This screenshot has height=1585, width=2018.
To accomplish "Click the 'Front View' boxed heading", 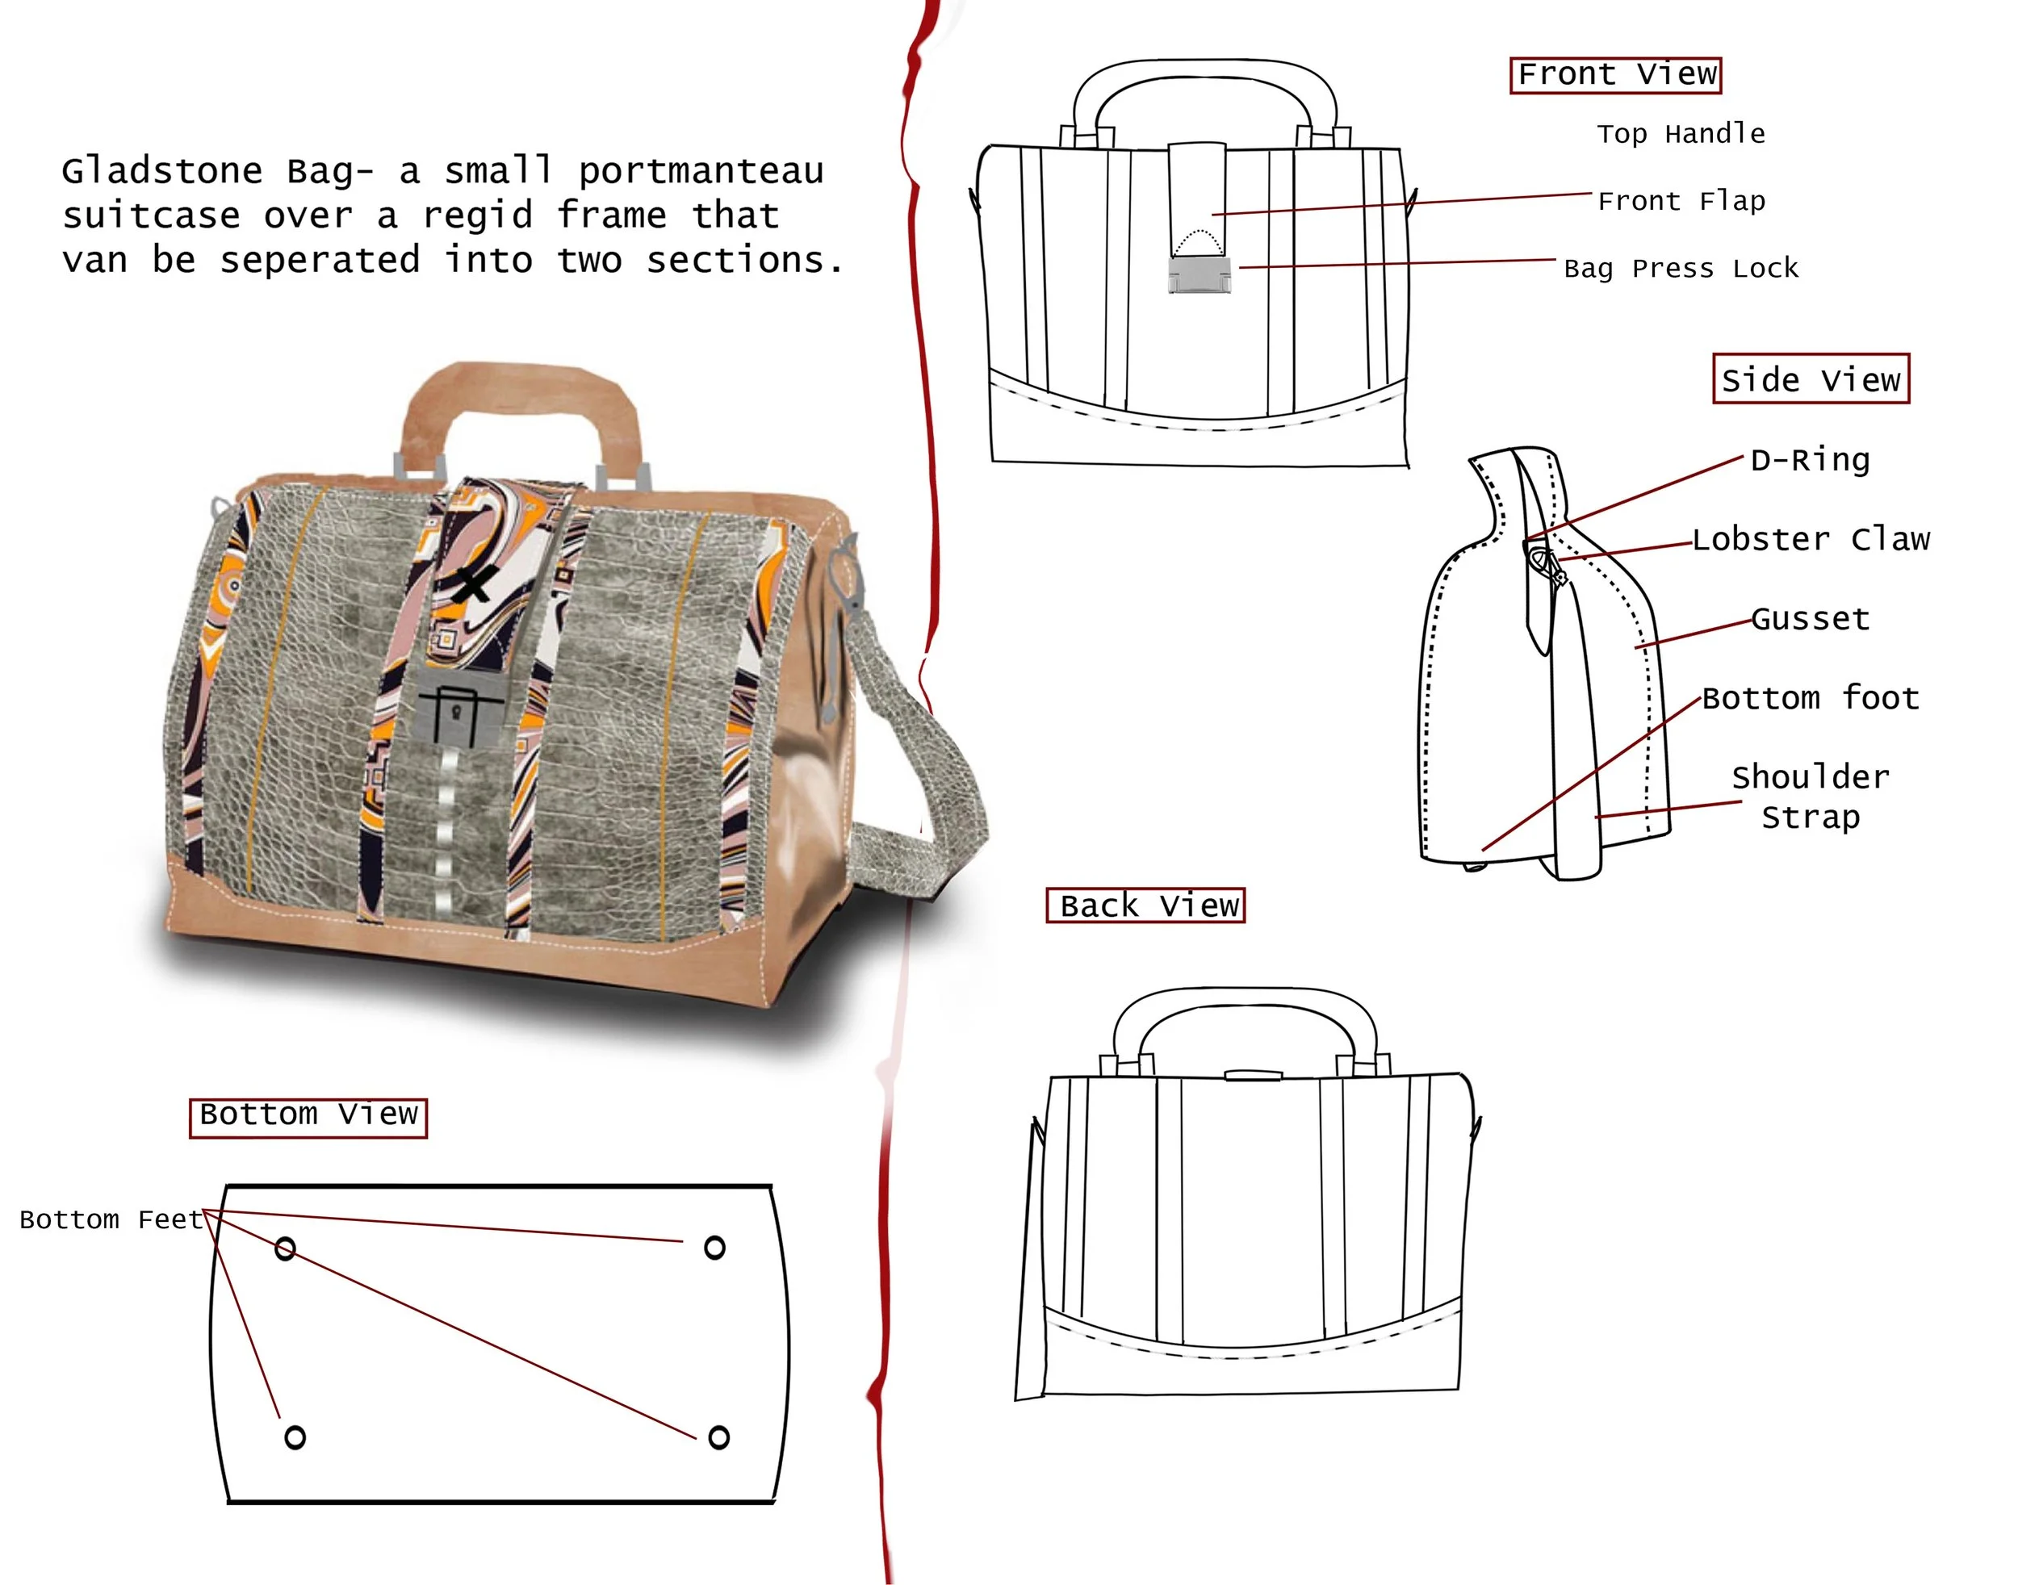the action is pyautogui.click(x=1616, y=74).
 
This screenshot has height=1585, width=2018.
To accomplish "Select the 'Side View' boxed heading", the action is pyautogui.click(x=1810, y=379).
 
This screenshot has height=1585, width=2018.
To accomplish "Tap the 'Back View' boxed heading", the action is pyautogui.click(x=1145, y=905).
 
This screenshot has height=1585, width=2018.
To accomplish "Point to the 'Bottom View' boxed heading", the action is pyautogui.click(x=308, y=1115).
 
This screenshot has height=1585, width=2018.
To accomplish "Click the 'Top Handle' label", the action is pyautogui.click(x=1680, y=134).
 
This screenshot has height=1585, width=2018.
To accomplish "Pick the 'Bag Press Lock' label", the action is pyautogui.click(x=1680, y=268).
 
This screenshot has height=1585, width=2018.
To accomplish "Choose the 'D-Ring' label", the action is pyautogui.click(x=1810, y=460).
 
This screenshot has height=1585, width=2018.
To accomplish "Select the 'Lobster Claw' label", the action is pyautogui.click(x=1810, y=539).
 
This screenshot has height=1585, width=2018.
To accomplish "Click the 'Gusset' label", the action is pyautogui.click(x=1810, y=618).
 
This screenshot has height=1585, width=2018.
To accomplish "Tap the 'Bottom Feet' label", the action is pyautogui.click(x=111, y=1219).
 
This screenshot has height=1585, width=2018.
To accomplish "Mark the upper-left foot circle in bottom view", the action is pyautogui.click(x=285, y=1249).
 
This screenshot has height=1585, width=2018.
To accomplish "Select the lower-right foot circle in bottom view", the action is pyautogui.click(x=718, y=1437).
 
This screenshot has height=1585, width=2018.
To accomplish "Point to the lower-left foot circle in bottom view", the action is pyautogui.click(x=295, y=1437).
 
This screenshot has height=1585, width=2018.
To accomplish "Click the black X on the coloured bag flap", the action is pyautogui.click(x=473, y=584).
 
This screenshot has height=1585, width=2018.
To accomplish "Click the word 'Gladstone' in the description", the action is pyautogui.click(x=162, y=172).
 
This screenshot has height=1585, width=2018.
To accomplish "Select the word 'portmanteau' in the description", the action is pyautogui.click(x=701, y=172).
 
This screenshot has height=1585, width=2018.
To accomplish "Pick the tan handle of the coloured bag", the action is pyautogui.click(x=520, y=390).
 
